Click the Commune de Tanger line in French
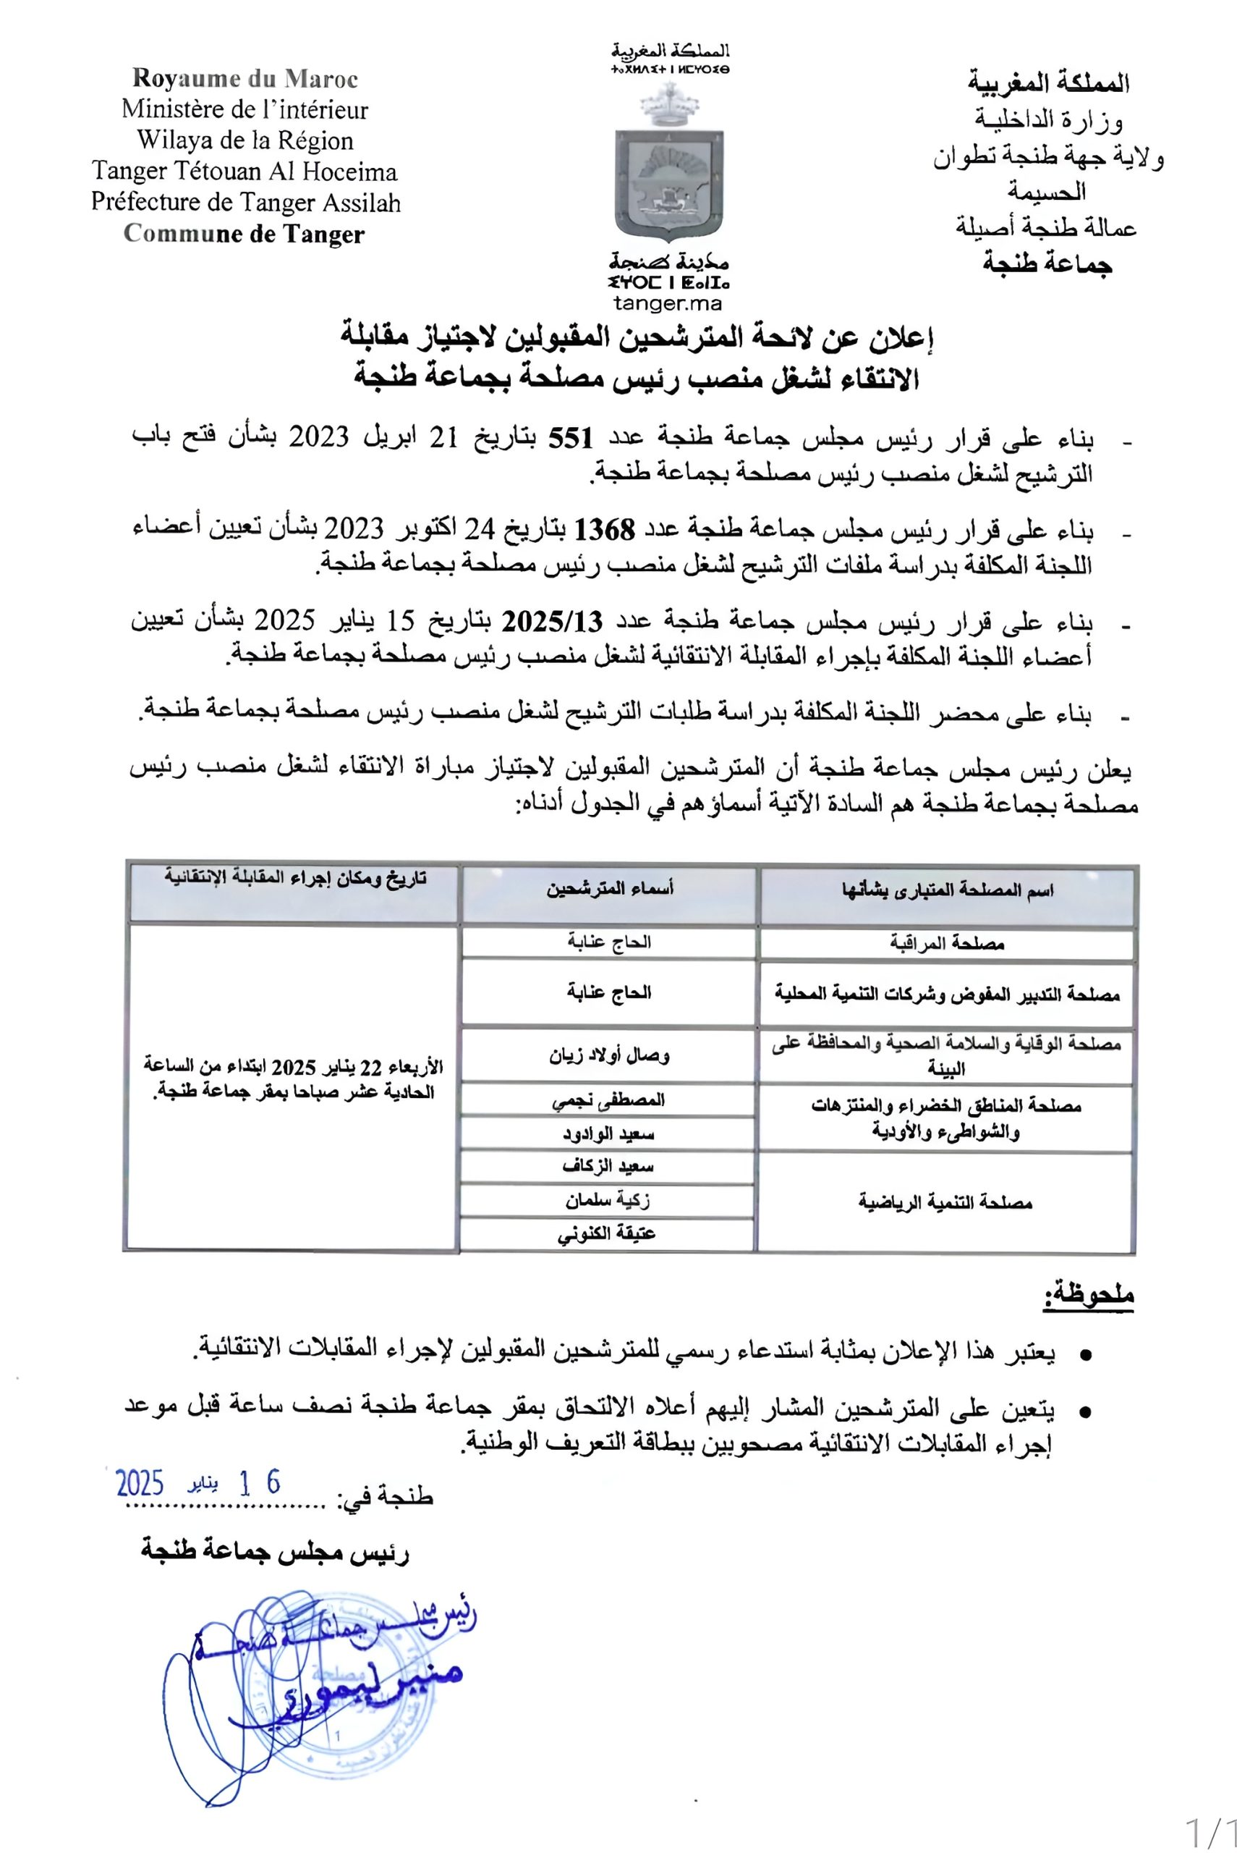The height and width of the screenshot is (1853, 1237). (245, 235)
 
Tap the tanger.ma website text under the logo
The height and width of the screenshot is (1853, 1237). (668, 303)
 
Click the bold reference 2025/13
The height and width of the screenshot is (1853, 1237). (553, 622)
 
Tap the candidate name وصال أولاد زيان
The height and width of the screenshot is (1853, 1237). (609, 1055)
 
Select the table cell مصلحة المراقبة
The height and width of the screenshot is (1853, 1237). (947, 943)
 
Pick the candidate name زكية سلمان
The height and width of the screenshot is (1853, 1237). (608, 1200)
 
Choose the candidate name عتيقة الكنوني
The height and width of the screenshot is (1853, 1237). (607, 1234)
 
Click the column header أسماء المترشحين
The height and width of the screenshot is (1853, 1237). (610, 890)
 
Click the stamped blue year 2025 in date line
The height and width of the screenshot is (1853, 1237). (140, 1484)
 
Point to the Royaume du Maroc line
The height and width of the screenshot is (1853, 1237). (245, 79)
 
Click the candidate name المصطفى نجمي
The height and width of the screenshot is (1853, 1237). (608, 1100)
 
